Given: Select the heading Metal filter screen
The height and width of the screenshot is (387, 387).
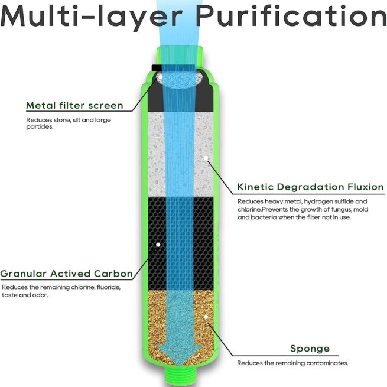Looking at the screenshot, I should click(74, 106).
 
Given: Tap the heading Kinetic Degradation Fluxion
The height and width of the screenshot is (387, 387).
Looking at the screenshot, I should click(310, 187).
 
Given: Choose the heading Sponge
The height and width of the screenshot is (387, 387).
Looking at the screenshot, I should click(310, 349).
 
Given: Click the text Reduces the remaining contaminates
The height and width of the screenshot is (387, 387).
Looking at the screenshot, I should click(292, 363).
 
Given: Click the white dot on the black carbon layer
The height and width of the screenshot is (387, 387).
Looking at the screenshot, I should click(158, 243).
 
